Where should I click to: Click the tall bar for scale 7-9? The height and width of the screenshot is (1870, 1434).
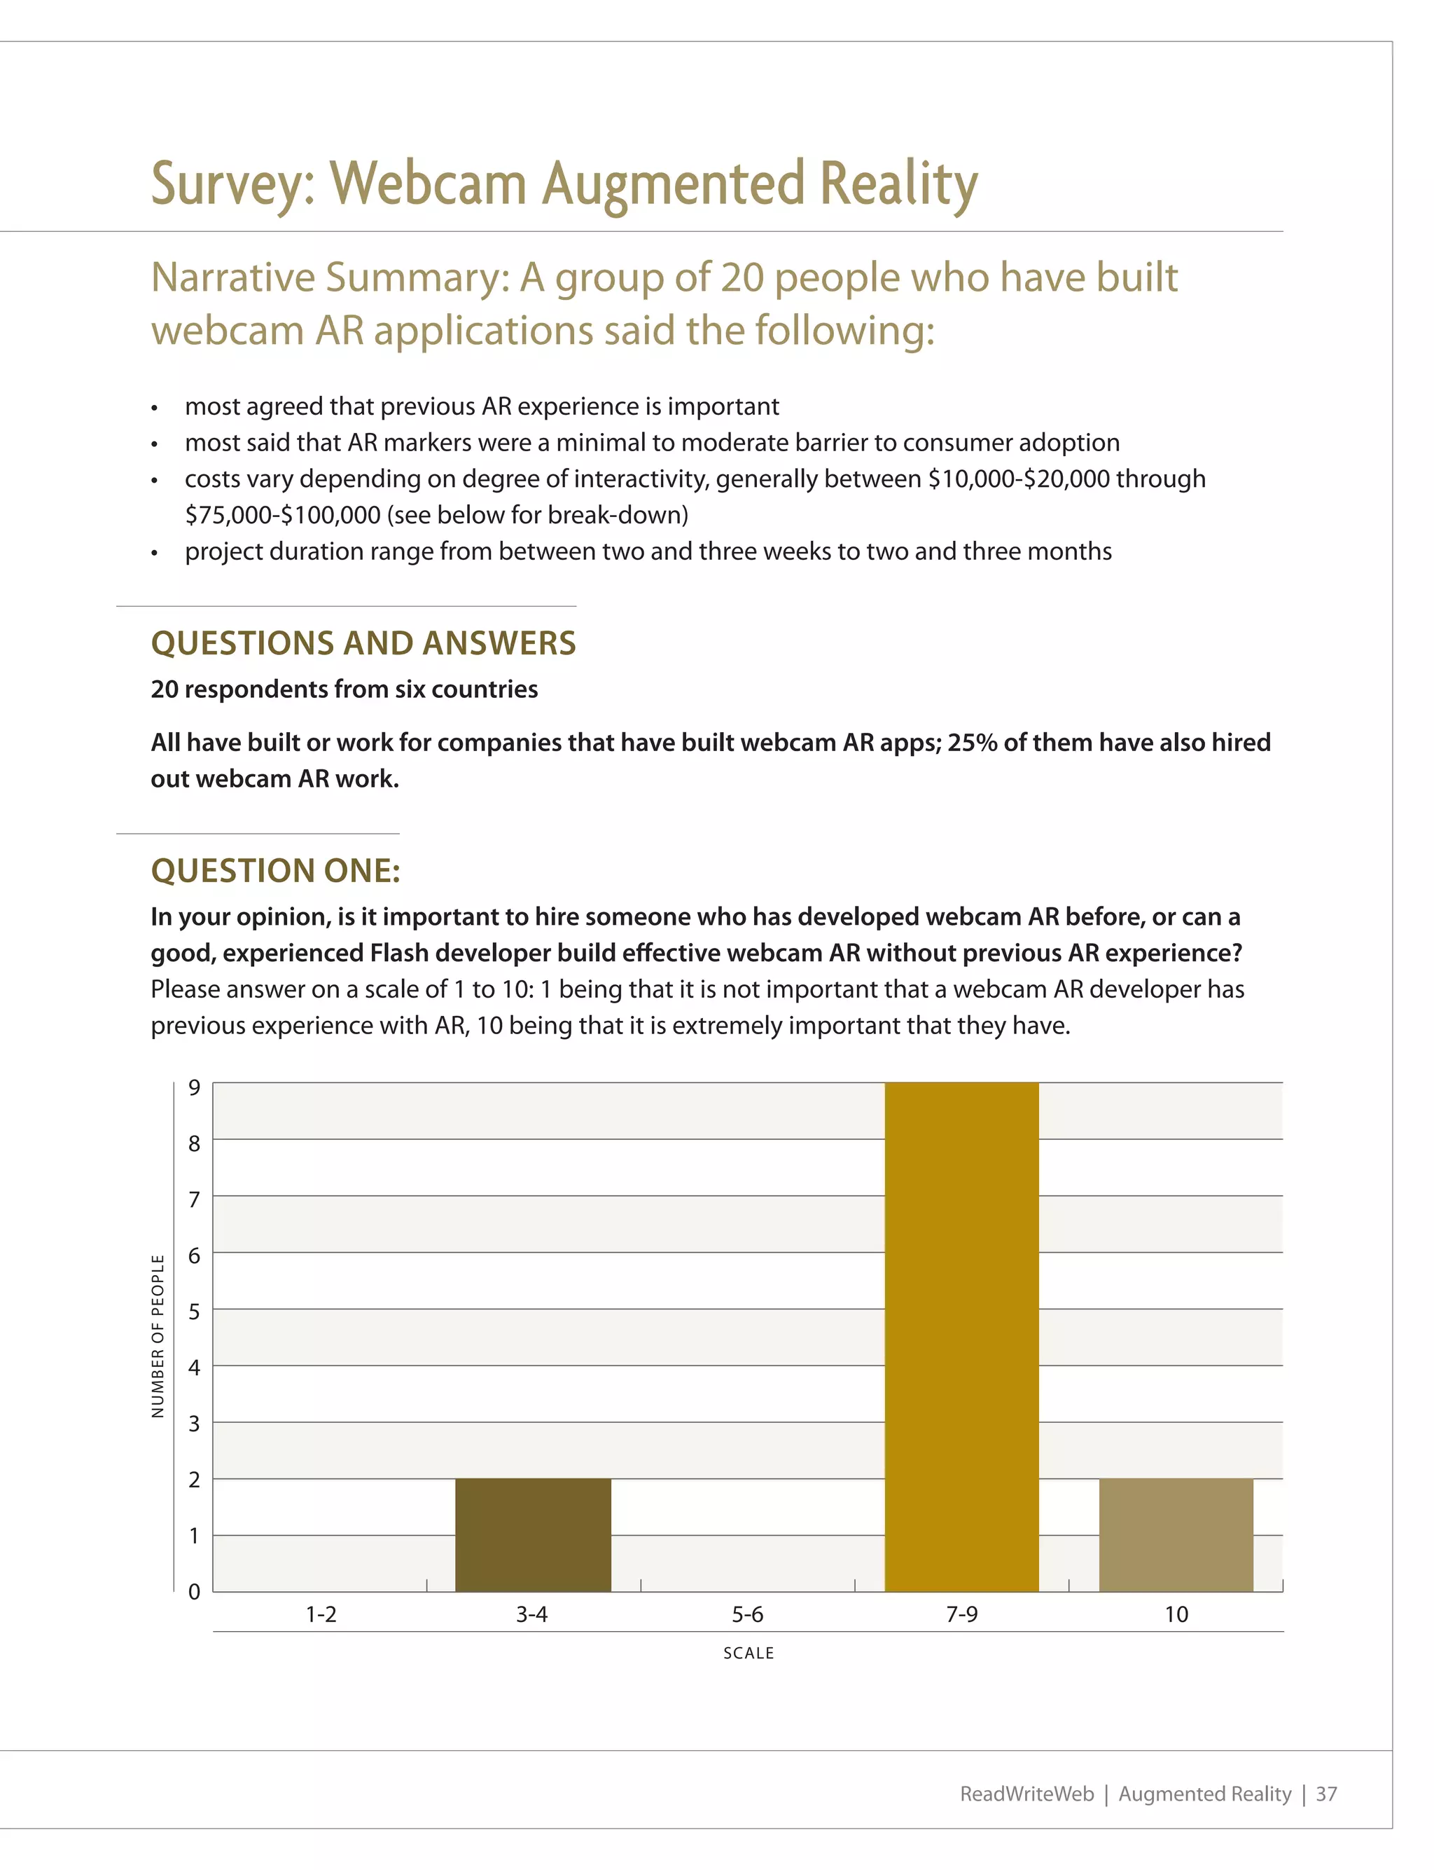961,1336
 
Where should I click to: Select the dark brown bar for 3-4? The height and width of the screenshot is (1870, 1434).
533,1534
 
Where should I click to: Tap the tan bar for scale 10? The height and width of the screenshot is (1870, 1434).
1176,1534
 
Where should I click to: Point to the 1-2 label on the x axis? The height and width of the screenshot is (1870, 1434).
321,1614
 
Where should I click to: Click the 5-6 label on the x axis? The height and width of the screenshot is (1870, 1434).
747,1614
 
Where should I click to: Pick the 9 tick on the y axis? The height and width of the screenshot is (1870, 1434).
195,1087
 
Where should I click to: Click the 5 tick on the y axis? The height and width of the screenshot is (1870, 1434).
195,1312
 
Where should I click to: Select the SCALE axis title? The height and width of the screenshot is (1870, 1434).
749,1653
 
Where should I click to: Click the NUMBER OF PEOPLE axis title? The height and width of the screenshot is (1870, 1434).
158,1335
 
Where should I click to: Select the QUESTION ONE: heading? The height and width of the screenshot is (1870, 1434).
276,871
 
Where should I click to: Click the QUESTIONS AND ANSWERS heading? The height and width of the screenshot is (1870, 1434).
363,643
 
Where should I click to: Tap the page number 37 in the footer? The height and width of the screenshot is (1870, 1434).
1325,1794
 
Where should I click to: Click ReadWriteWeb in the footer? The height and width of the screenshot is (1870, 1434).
1026,1794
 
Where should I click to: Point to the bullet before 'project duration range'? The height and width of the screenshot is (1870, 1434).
155,554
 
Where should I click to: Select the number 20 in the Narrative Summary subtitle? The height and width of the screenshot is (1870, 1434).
742,277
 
